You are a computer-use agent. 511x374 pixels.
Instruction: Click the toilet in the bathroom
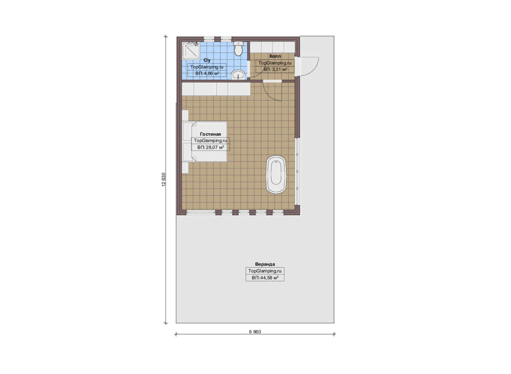click(239, 48)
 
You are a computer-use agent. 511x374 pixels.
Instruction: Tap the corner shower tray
click(191, 51)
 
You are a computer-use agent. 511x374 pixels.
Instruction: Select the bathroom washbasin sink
click(239, 75)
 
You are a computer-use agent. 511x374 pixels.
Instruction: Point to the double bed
click(205, 142)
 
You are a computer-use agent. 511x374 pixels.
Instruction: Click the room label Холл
click(275, 56)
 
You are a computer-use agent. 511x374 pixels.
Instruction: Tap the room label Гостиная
click(210, 134)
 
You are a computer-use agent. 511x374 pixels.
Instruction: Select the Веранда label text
click(265, 264)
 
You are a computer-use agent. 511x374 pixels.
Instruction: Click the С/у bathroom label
click(207, 60)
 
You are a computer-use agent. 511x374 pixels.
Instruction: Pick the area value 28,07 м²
click(210, 148)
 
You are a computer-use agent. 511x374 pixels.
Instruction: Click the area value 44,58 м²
click(265, 278)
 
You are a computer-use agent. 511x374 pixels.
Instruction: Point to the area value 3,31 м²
click(275, 69)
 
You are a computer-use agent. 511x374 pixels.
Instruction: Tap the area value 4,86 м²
click(207, 73)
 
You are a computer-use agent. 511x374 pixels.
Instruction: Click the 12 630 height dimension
click(164, 180)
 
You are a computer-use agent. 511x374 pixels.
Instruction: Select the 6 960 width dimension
click(255, 332)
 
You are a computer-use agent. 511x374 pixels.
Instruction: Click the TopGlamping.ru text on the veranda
click(265, 271)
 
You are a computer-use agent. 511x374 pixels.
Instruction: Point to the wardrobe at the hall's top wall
click(272, 47)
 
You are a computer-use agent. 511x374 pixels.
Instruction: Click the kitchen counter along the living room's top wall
click(216, 89)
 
